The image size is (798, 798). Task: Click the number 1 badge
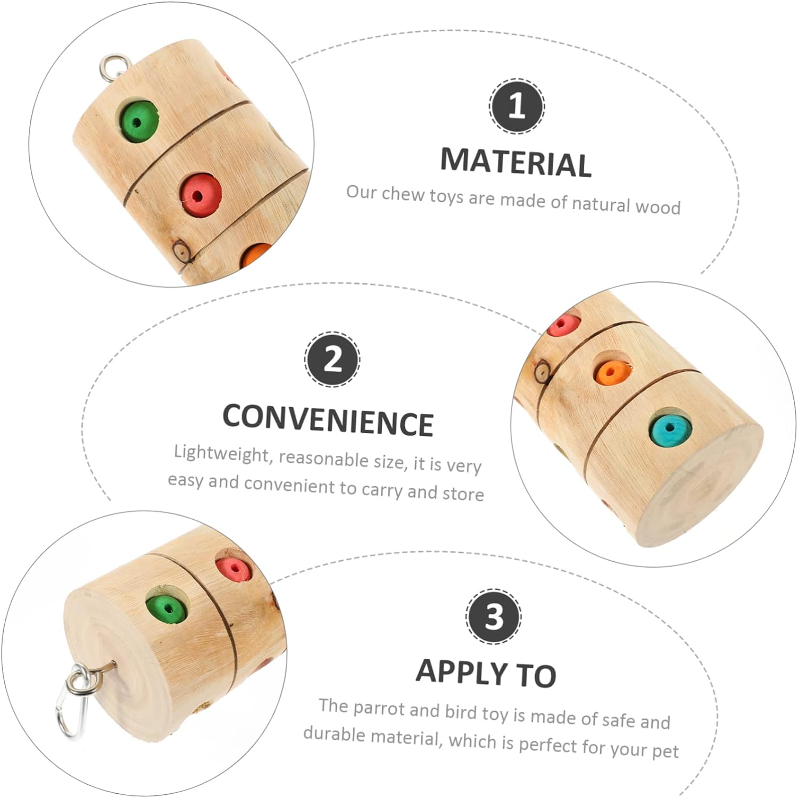point(516,106)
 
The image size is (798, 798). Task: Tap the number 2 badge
point(332,359)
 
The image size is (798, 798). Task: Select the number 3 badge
point(494,617)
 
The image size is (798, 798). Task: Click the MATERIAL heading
point(516,162)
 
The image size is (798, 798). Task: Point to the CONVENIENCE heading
point(328,420)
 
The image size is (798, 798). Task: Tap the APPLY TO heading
point(486,672)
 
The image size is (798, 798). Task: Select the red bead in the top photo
point(199,195)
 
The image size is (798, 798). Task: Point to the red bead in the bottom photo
point(234,568)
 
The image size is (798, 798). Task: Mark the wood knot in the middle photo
point(542,371)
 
